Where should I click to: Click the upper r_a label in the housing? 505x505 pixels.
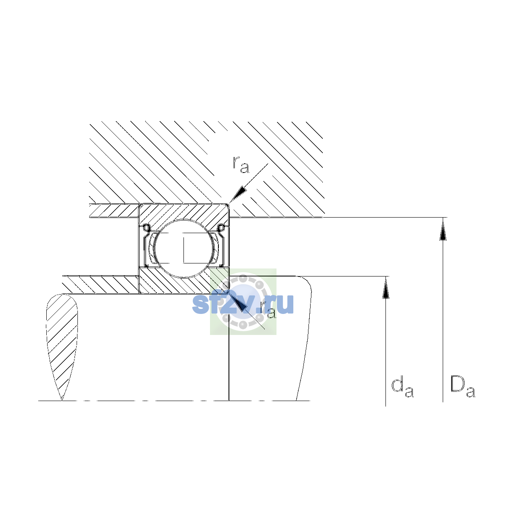241,165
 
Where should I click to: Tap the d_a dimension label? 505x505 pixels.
402,388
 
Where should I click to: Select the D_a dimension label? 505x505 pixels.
462,387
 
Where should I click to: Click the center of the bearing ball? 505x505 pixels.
184,248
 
